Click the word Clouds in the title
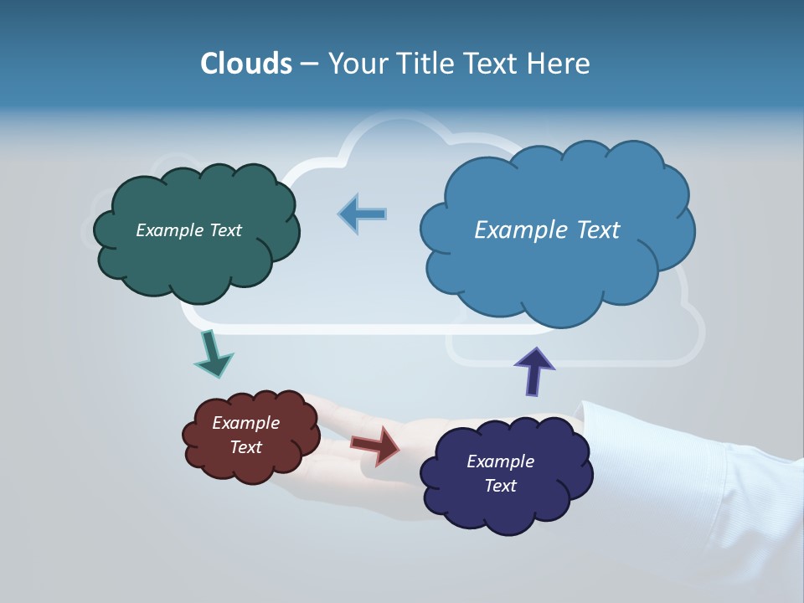[x=246, y=64]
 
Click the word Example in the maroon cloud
[x=246, y=423]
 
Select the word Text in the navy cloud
[x=500, y=486]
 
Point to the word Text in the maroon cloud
[x=246, y=447]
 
